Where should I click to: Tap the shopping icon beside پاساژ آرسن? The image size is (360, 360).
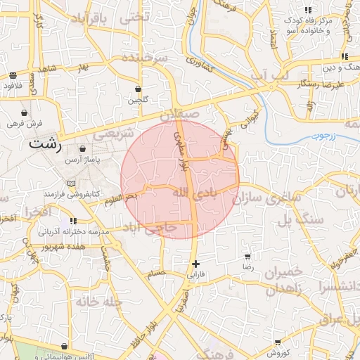[84, 150]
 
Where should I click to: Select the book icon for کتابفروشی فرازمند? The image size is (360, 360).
[70, 184]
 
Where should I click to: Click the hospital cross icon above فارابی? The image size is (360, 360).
[195, 264]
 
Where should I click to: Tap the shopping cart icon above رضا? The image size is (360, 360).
[247, 257]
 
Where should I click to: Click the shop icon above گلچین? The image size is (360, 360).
[137, 89]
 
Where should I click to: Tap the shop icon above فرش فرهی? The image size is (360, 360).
[25, 112]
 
